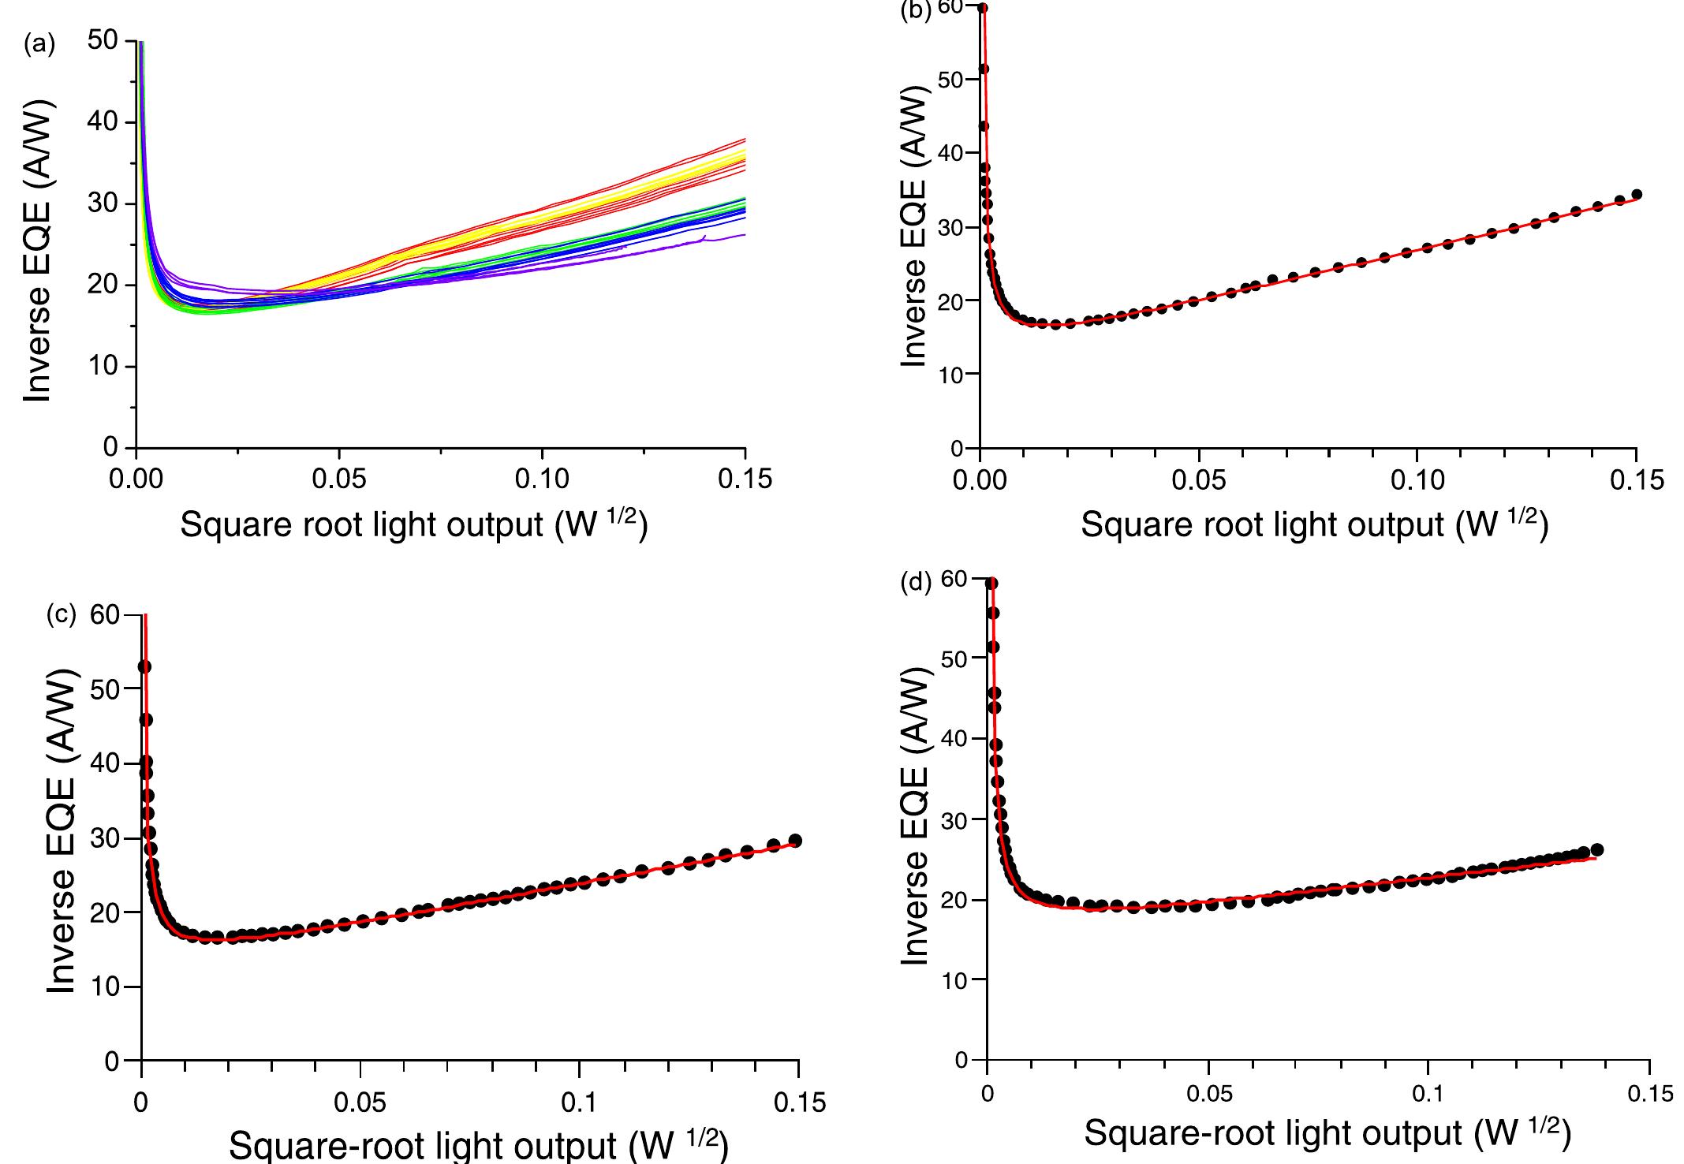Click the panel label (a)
click(39, 45)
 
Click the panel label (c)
click(61, 615)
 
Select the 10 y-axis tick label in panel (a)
click(102, 367)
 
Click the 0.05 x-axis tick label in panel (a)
click(339, 479)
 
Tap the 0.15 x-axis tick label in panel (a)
click(745, 479)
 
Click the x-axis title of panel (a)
click(414, 524)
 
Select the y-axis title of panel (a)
click(37, 250)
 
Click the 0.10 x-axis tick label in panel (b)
click(1417, 479)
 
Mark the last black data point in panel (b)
click(1636, 194)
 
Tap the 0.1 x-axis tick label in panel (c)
click(580, 1102)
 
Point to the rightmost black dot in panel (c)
click(795, 841)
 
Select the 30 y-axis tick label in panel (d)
click(954, 820)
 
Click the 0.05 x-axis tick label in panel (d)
click(1208, 1094)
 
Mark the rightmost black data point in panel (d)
click(1597, 849)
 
